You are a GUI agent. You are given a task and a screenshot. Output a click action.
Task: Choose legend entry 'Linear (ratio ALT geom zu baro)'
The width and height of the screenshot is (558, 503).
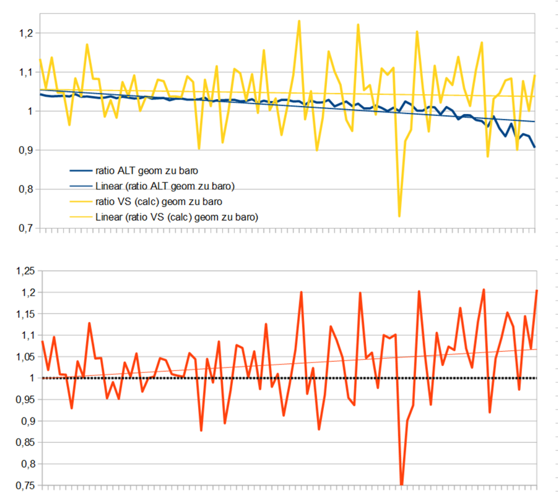coord(164,186)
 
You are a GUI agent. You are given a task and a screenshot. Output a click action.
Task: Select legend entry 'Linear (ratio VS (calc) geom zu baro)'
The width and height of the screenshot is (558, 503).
coord(177,217)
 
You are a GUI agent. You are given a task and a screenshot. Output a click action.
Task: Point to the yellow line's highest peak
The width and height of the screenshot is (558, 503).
coord(299,20)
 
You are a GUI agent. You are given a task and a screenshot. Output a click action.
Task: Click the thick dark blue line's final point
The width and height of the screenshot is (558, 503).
coord(534,147)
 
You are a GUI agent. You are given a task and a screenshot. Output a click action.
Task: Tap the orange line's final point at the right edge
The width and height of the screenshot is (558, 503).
coord(536,291)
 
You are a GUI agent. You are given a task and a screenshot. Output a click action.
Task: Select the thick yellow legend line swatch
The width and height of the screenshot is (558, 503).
coord(80,201)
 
